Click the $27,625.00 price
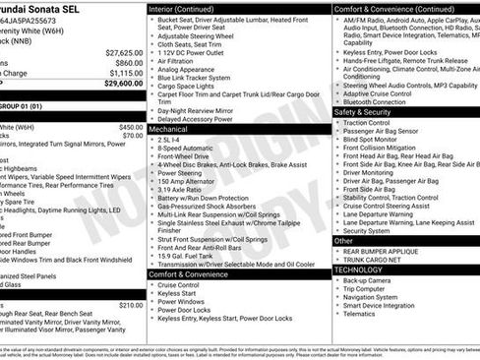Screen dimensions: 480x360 click(x=124, y=52)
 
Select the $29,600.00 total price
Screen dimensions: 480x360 click(x=124, y=83)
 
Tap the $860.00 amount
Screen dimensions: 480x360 click(x=129, y=62)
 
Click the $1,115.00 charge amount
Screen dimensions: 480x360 click(x=126, y=73)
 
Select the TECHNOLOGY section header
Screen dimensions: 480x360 click(x=358, y=270)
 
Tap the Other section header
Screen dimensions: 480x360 click(x=343, y=240)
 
